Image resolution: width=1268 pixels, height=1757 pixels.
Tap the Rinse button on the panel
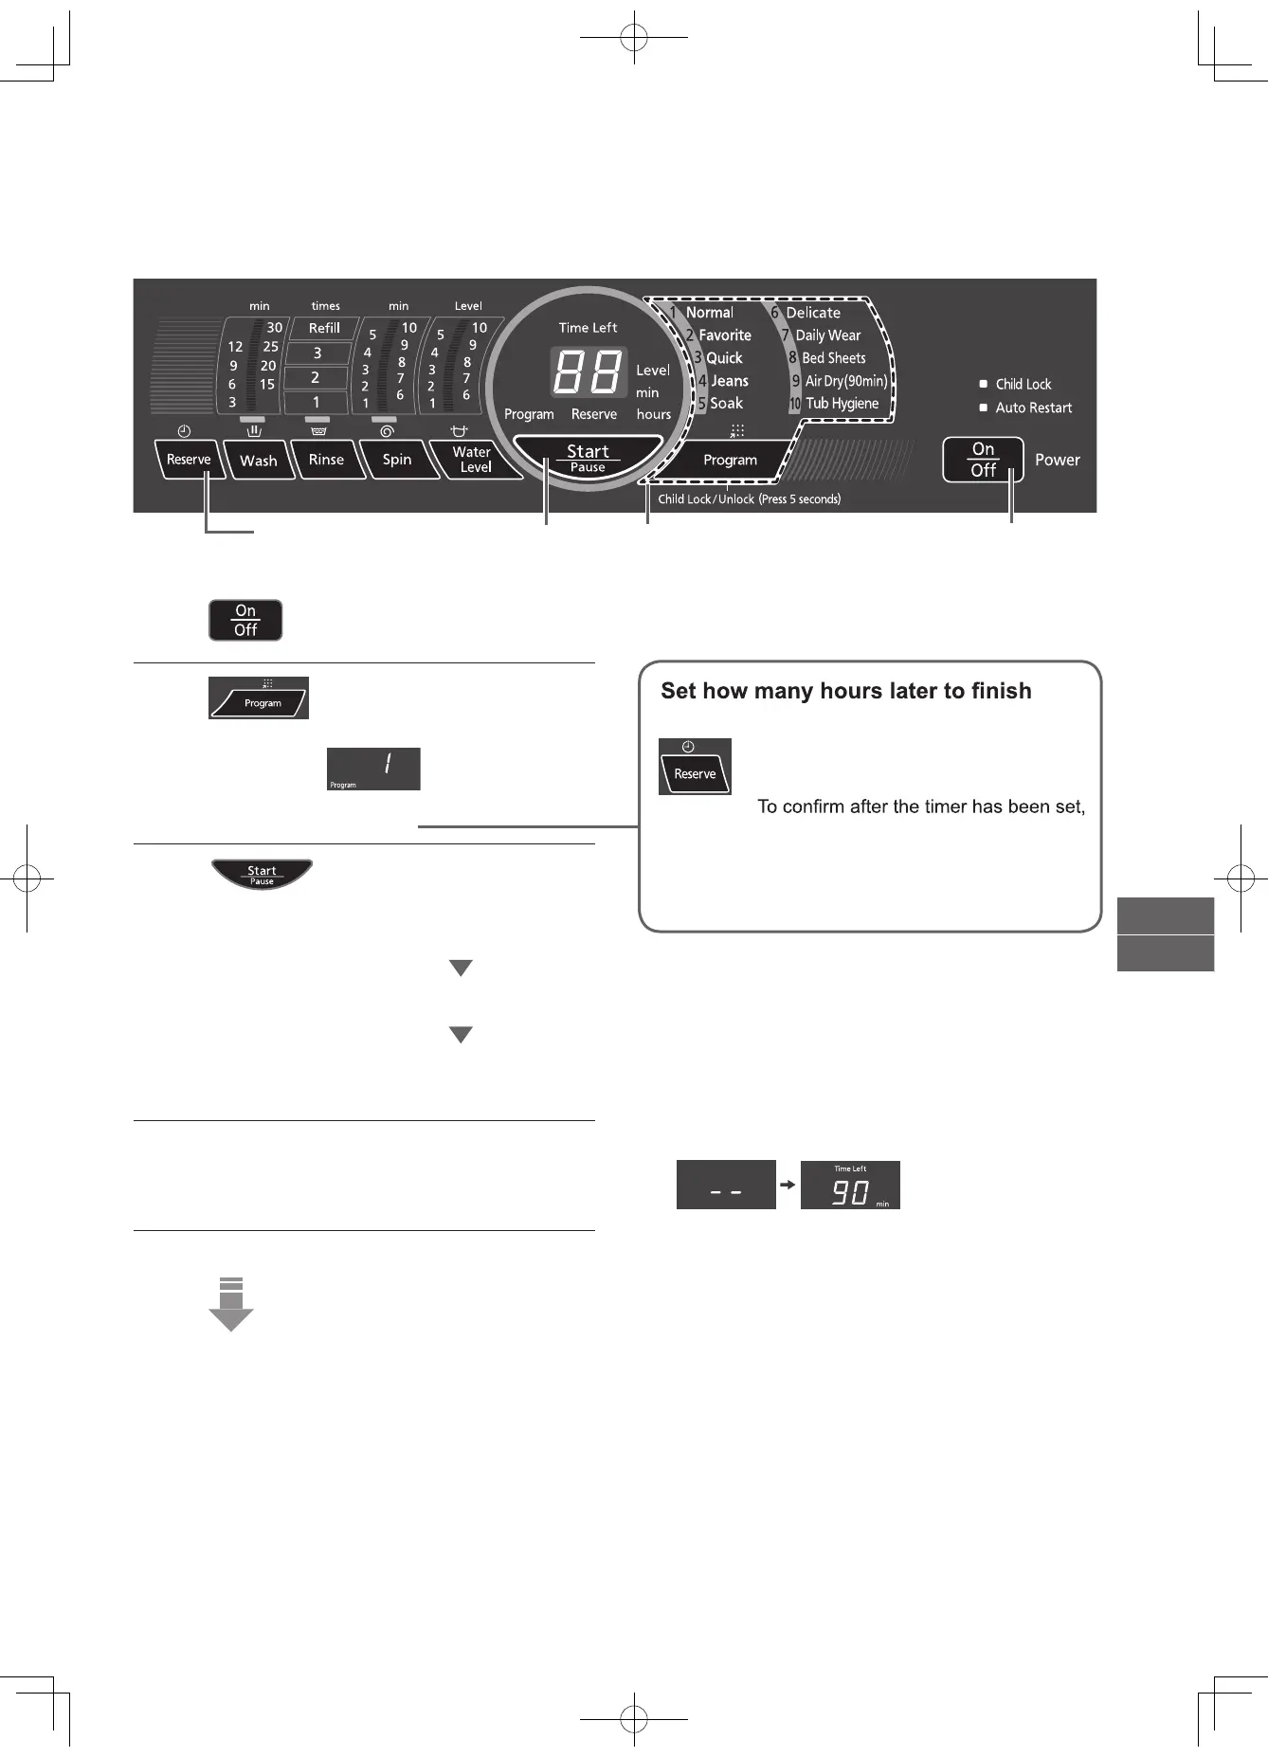[x=327, y=460]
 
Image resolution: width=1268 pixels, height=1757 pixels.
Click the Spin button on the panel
[x=397, y=460]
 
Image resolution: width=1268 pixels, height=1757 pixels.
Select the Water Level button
[x=473, y=460]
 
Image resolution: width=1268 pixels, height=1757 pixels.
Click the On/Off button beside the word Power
[x=983, y=460]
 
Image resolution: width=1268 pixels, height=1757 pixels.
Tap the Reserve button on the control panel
[x=189, y=460]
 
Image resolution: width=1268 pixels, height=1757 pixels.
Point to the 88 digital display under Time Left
[x=588, y=371]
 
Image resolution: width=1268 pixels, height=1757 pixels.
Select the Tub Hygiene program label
[x=842, y=404]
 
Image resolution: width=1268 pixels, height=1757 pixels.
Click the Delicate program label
[x=812, y=313]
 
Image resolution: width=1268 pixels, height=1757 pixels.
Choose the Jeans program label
[x=729, y=381]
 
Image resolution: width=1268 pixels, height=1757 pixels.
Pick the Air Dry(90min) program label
[x=845, y=381]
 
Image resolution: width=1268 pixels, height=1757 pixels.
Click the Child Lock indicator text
[x=1023, y=384]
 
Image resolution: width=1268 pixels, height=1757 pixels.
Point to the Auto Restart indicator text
[x=1033, y=408]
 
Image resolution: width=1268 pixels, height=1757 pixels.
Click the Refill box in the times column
[x=324, y=328]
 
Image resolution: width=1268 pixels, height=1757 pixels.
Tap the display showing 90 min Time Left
[x=850, y=1185]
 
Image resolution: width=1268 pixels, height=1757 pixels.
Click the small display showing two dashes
[x=726, y=1185]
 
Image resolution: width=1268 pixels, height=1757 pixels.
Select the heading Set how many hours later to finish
[x=845, y=691]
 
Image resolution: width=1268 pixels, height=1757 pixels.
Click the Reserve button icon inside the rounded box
[x=695, y=767]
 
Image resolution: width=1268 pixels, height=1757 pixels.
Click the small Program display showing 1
[x=373, y=769]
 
